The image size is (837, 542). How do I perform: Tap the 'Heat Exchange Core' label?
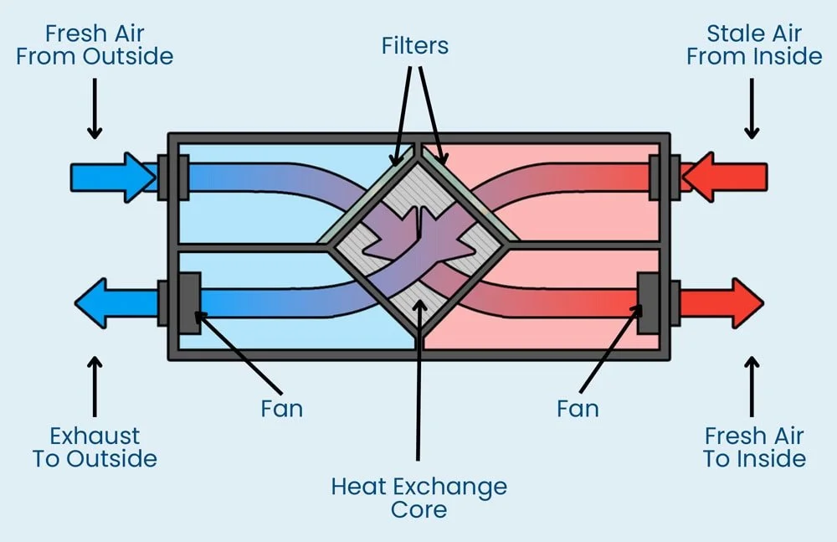pos(418,498)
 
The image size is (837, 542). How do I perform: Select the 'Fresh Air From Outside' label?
pos(95,45)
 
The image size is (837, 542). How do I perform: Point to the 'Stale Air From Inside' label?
pos(754,45)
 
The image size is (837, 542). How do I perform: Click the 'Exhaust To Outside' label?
pos(95,447)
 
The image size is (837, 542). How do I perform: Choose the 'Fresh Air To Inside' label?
pos(754,447)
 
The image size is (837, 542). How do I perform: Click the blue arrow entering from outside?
pos(112,177)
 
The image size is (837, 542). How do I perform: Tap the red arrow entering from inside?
pos(724,177)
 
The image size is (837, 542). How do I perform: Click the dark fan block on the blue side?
pos(188,302)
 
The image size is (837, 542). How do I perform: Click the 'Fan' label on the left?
pos(280,409)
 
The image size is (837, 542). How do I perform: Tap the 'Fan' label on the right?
pos(578,409)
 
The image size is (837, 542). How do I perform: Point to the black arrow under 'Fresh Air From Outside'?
pos(95,108)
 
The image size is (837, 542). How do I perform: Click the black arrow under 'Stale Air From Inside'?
pos(752,108)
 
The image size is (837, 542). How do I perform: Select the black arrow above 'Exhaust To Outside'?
pos(95,385)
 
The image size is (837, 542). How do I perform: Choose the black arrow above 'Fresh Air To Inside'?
pos(752,385)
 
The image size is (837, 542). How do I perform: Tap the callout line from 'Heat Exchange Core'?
pos(418,385)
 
